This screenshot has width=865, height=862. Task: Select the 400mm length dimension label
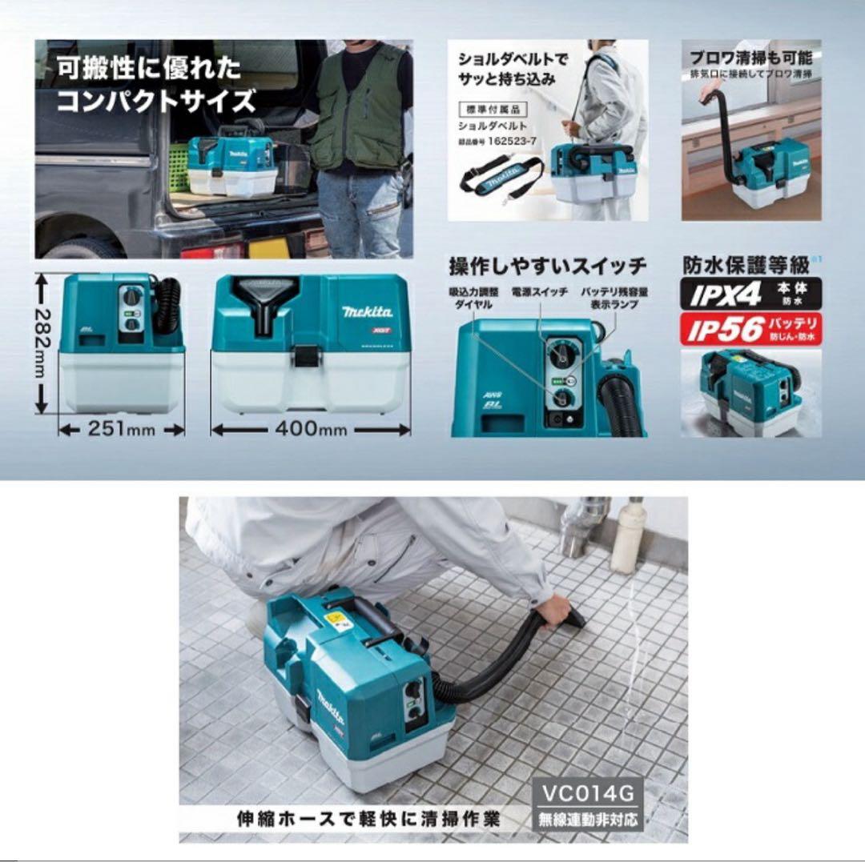tap(311, 429)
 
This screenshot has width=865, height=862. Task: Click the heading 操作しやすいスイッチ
tap(547, 266)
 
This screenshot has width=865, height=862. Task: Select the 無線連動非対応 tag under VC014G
tap(588, 820)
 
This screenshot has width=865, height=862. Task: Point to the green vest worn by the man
tap(357, 108)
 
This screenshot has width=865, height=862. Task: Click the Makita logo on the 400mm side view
tap(367, 311)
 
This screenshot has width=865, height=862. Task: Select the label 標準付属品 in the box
tap(489, 109)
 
